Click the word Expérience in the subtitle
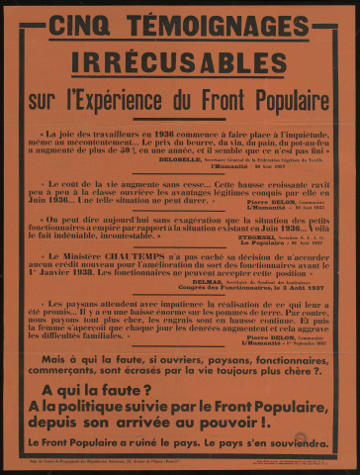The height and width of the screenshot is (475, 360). click(167, 99)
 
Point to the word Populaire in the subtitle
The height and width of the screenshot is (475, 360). click(286, 99)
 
